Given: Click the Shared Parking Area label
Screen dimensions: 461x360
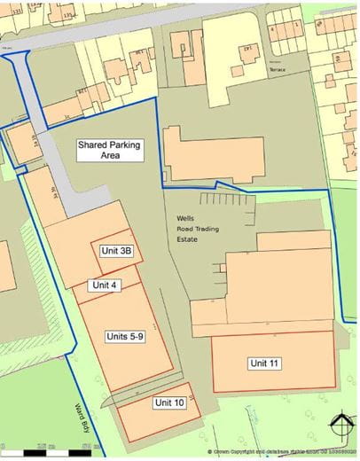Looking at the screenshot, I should tap(110, 149).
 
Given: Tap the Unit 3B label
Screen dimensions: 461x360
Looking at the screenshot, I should tap(116, 251).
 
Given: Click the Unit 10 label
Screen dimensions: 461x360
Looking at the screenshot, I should tap(168, 403).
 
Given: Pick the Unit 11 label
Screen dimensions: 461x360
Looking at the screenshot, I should tap(264, 363).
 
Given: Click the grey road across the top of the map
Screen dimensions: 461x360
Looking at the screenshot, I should tap(115, 32).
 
